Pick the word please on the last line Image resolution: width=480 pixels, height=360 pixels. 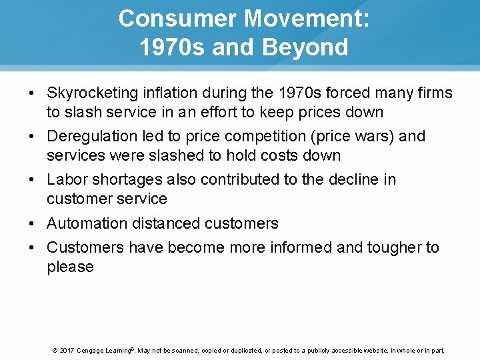click(70, 267)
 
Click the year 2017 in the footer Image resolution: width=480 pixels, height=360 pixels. click(66, 350)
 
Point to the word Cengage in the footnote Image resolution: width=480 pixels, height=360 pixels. click(93, 350)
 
